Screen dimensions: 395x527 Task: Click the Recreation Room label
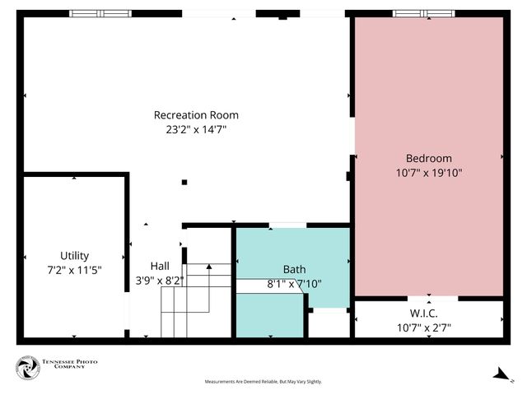(196, 115)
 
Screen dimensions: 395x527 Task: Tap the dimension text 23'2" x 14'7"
(196, 129)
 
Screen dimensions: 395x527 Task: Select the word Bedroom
(428, 158)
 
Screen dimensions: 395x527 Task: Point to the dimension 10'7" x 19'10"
(428, 173)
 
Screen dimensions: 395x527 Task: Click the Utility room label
(74, 255)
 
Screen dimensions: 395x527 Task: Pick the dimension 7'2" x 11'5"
(74, 269)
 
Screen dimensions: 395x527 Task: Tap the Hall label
(159, 266)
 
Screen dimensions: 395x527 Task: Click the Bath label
(294, 269)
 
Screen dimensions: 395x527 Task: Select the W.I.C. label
(423, 313)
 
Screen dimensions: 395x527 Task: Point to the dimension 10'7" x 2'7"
(423, 327)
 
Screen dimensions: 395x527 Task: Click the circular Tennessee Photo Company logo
(28, 368)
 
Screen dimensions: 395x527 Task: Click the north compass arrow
(500, 374)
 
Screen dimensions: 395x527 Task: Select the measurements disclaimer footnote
(263, 382)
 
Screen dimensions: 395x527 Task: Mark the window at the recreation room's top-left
(99, 13)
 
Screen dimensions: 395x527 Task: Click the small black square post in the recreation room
(184, 182)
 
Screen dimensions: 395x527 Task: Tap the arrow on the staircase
(208, 267)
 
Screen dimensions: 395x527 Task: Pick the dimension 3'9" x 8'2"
(159, 280)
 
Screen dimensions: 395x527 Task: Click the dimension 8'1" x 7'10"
(294, 283)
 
